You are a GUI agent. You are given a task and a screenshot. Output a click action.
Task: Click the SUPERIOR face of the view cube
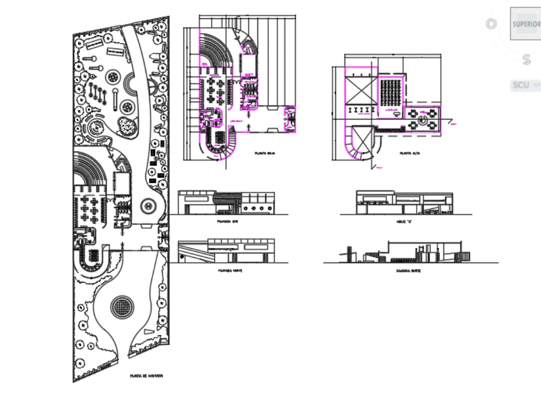(526, 24)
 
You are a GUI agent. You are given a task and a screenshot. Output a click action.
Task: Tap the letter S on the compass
(526, 60)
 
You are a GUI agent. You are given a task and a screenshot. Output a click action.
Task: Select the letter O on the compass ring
(491, 24)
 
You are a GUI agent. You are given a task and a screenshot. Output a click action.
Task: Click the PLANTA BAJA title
(266, 154)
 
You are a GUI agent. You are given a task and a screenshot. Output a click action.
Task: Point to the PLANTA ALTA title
(410, 154)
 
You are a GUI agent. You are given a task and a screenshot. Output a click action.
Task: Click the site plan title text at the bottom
(146, 375)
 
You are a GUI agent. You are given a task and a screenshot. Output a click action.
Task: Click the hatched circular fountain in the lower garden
(122, 307)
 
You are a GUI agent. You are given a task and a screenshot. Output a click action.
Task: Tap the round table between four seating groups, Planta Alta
(425, 118)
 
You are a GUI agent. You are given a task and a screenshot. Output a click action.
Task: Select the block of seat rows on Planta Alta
(391, 90)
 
